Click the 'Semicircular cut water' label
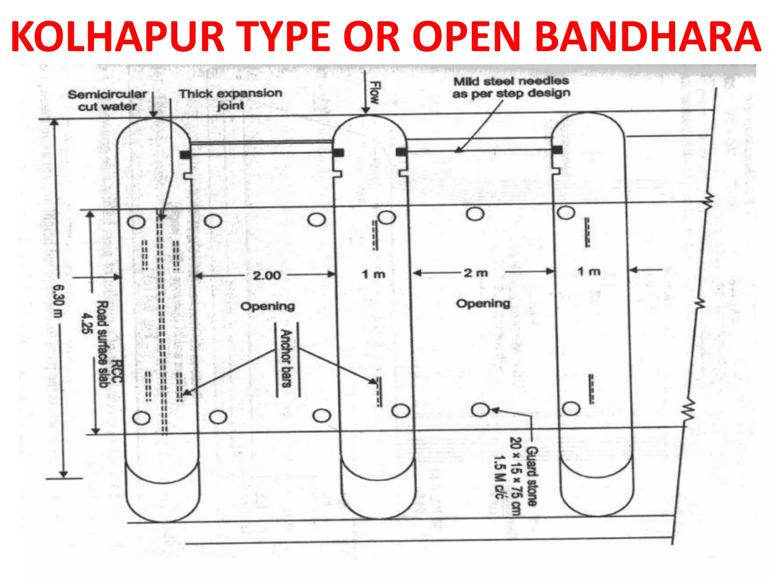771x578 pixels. click(107, 100)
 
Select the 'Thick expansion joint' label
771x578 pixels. click(230, 99)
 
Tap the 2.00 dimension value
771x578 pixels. click(267, 275)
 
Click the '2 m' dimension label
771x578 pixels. click(476, 273)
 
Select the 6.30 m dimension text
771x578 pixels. click(59, 301)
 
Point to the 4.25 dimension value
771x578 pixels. click(87, 323)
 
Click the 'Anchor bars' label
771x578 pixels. click(286, 359)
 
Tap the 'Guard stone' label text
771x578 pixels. click(532, 476)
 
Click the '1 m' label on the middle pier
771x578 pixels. click(373, 274)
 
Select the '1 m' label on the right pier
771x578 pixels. click(589, 271)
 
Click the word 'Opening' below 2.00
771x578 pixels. click(268, 306)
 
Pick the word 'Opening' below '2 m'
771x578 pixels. click(483, 303)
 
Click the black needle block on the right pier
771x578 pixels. click(557, 150)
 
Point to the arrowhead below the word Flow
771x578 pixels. click(366, 110)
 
